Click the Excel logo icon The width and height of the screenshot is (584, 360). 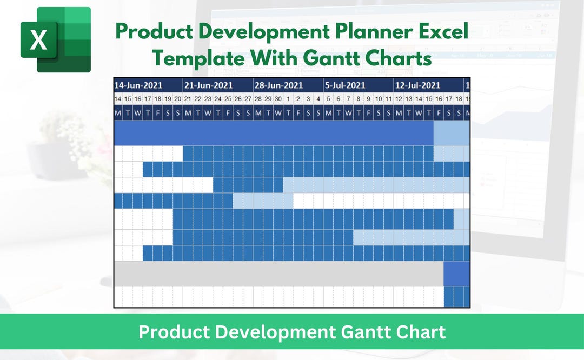[x=55, y=39]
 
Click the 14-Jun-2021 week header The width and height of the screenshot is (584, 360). [x=138, y=85]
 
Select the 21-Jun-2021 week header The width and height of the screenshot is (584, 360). [x=208, y=85]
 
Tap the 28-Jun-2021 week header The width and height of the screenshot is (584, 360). [x=278, y=85]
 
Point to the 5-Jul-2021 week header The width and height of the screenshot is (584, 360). [x=345, y=85]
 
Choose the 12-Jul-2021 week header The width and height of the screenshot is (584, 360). [x=418, y=85]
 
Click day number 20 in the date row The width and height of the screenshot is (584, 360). [x=177, y=99]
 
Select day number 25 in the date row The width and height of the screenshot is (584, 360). [x=228, y=99]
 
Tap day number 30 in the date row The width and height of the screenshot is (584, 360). [x=278, y=99]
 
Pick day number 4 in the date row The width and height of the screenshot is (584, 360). [x=318, y=99]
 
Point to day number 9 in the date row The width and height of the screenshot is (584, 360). [x=368, y=99]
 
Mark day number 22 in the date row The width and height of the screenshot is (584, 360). [x=198, y=99]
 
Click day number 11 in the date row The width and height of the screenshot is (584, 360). [x=388, y=99]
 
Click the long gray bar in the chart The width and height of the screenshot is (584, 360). [x=278, y=274]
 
